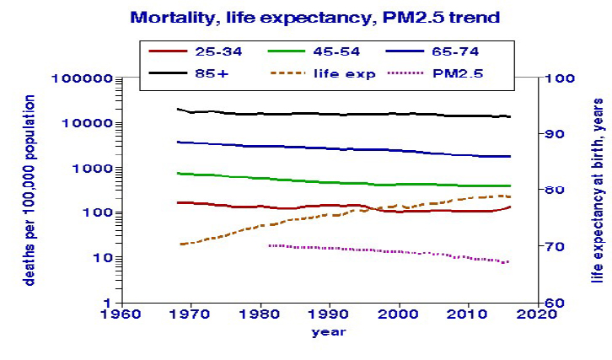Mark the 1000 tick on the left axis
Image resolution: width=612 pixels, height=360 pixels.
(98, 168)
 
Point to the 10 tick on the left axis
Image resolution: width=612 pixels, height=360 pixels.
(105, 257)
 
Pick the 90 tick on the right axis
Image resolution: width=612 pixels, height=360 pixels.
(557, 134)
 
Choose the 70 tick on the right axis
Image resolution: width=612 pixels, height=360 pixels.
(557, 246)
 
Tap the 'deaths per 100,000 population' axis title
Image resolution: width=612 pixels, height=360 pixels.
(29, 190)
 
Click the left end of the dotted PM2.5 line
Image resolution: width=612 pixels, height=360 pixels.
(269, 245)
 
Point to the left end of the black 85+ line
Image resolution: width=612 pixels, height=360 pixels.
(178, 109)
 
